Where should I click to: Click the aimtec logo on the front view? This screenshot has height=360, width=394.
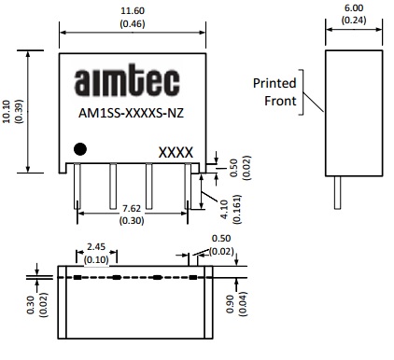(127, 80)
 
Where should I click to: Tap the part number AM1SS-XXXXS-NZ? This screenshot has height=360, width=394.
(131, 113)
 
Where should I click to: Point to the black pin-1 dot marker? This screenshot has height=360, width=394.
(80, 149)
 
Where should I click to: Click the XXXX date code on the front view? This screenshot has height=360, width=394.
(176, 153)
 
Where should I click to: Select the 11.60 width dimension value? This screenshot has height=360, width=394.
(133, 11)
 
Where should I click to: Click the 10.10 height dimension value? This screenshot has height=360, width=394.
(7, 111)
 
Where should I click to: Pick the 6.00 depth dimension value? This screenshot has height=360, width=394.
(354, 7)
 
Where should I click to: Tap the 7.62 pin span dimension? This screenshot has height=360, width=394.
(132, 208)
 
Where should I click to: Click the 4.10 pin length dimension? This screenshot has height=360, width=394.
(224, 209)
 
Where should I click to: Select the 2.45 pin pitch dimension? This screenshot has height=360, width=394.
(96, 247)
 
